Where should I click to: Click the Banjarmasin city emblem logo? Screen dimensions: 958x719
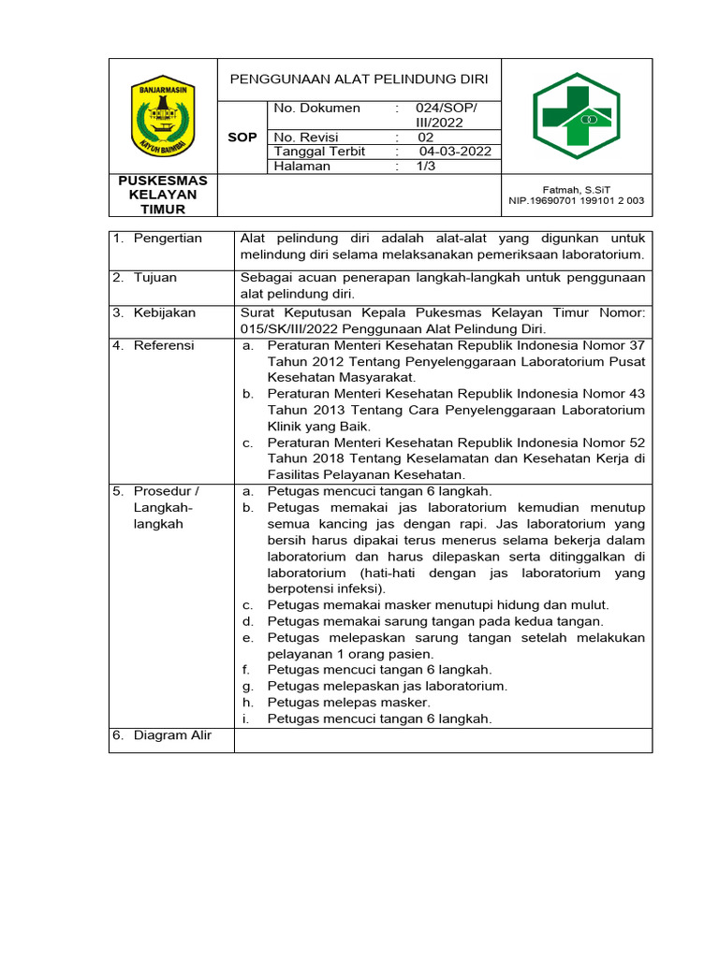tap(163, 116)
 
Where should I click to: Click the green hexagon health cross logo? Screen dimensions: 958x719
tap(577, 115)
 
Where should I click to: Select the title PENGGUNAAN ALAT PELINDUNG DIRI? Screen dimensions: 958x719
tap(359, 79)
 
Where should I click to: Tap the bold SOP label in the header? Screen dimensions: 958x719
tap(242, 138)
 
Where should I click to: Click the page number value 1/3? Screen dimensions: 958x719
tap(427, 166)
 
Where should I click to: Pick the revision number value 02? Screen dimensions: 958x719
tap(426, 138)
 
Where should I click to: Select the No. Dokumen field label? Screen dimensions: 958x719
tap(316, 109)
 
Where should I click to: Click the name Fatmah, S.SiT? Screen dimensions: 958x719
tap(577, 189)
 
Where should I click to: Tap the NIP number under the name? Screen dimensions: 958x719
tap(577, 200)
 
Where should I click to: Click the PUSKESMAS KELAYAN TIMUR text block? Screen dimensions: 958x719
tap(163, 195)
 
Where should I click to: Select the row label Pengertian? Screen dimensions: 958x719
tap(168, 239)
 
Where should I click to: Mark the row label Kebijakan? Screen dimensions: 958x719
tap(163, 312)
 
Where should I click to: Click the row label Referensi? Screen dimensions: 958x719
tap(163, 345)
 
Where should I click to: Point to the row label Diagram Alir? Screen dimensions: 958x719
tap(172, 735)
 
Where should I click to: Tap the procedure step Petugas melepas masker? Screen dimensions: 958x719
tap(348, 702)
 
